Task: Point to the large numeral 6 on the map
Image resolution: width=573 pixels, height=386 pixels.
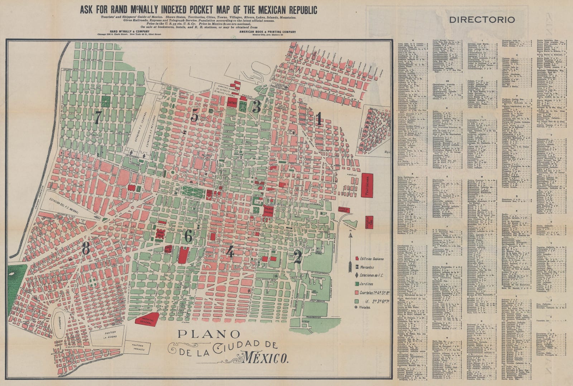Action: [188, 236]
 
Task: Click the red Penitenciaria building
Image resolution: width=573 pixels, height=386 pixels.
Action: [367, 185]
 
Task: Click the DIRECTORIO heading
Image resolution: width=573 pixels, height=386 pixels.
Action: [482, 20]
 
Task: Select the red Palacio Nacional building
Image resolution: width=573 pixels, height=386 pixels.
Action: [269, 210]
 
